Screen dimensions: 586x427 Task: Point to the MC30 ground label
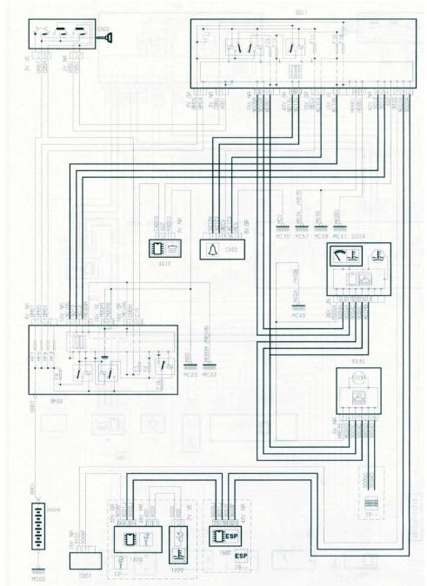click(x=280, y=234)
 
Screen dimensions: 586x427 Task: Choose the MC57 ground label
click(x=301, y=234)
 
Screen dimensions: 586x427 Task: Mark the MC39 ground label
click(x=320, y=234)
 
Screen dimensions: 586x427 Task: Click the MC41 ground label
click(x=339, y=234)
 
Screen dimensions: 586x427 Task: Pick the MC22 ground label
click(x=209, y=374)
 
